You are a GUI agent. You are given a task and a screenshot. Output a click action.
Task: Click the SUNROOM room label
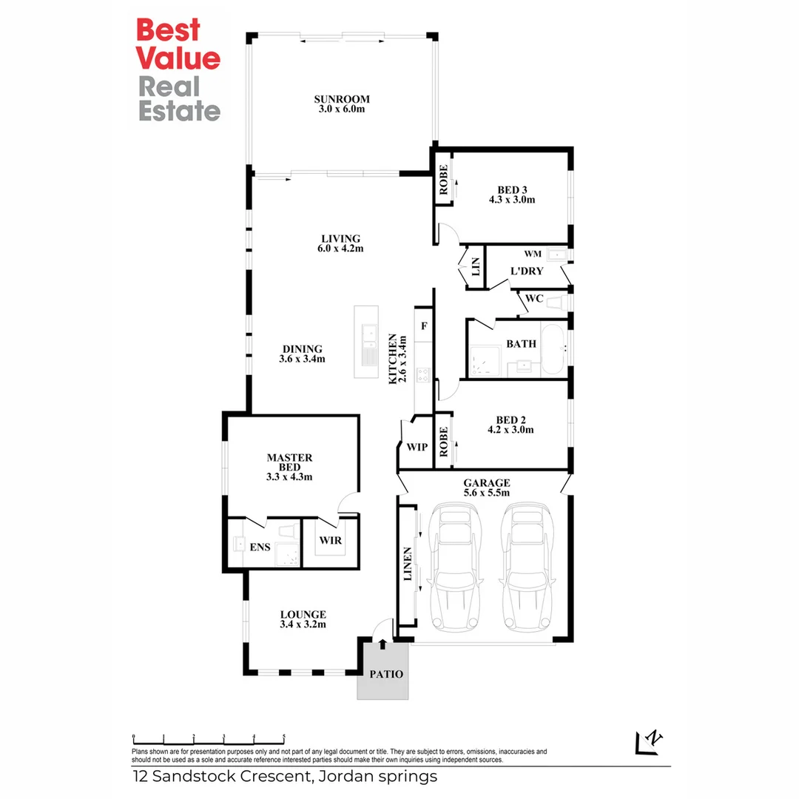coord(341,99)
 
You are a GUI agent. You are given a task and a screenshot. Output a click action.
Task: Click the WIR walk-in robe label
coord(331,541)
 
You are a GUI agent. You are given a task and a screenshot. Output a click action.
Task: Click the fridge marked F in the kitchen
coord(424,326)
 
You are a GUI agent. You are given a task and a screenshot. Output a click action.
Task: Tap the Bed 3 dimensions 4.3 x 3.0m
coord(512,200)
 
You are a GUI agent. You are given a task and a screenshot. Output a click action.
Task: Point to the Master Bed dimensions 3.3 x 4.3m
coord(290,477)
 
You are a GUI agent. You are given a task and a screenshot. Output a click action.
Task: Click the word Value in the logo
coord(179,58)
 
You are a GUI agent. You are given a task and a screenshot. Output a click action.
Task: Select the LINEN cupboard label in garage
coord(407,564)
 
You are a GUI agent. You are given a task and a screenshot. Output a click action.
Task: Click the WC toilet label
coord(534,300)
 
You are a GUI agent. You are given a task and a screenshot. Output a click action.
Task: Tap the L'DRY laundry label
coord(527,271)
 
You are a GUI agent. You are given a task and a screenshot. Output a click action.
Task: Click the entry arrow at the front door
coord(382,644)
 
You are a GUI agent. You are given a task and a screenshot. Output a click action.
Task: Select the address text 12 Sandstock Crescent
coord(222,777)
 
